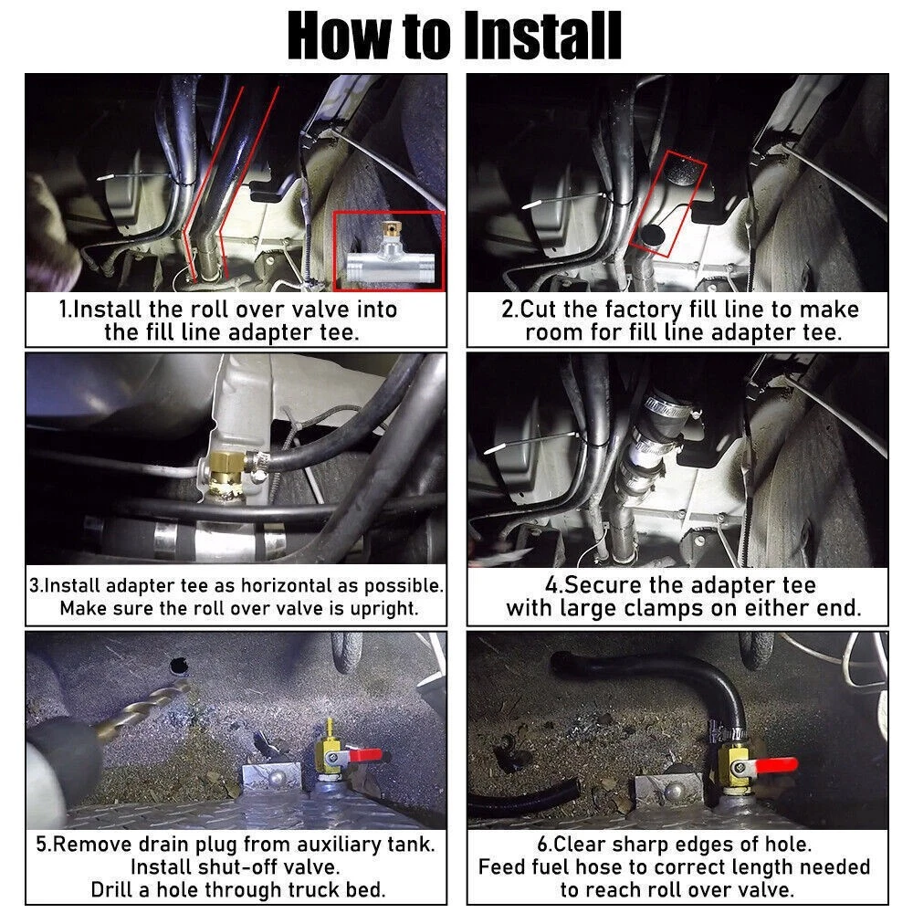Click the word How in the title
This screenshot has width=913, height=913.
point(339,37)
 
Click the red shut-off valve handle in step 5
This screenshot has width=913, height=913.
point(366,755)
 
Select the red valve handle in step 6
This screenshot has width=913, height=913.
point(776,765)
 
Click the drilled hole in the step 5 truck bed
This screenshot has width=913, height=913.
point(178,665)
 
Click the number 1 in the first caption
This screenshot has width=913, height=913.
point(64,310)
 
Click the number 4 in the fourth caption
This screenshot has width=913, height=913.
point(551,584)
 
